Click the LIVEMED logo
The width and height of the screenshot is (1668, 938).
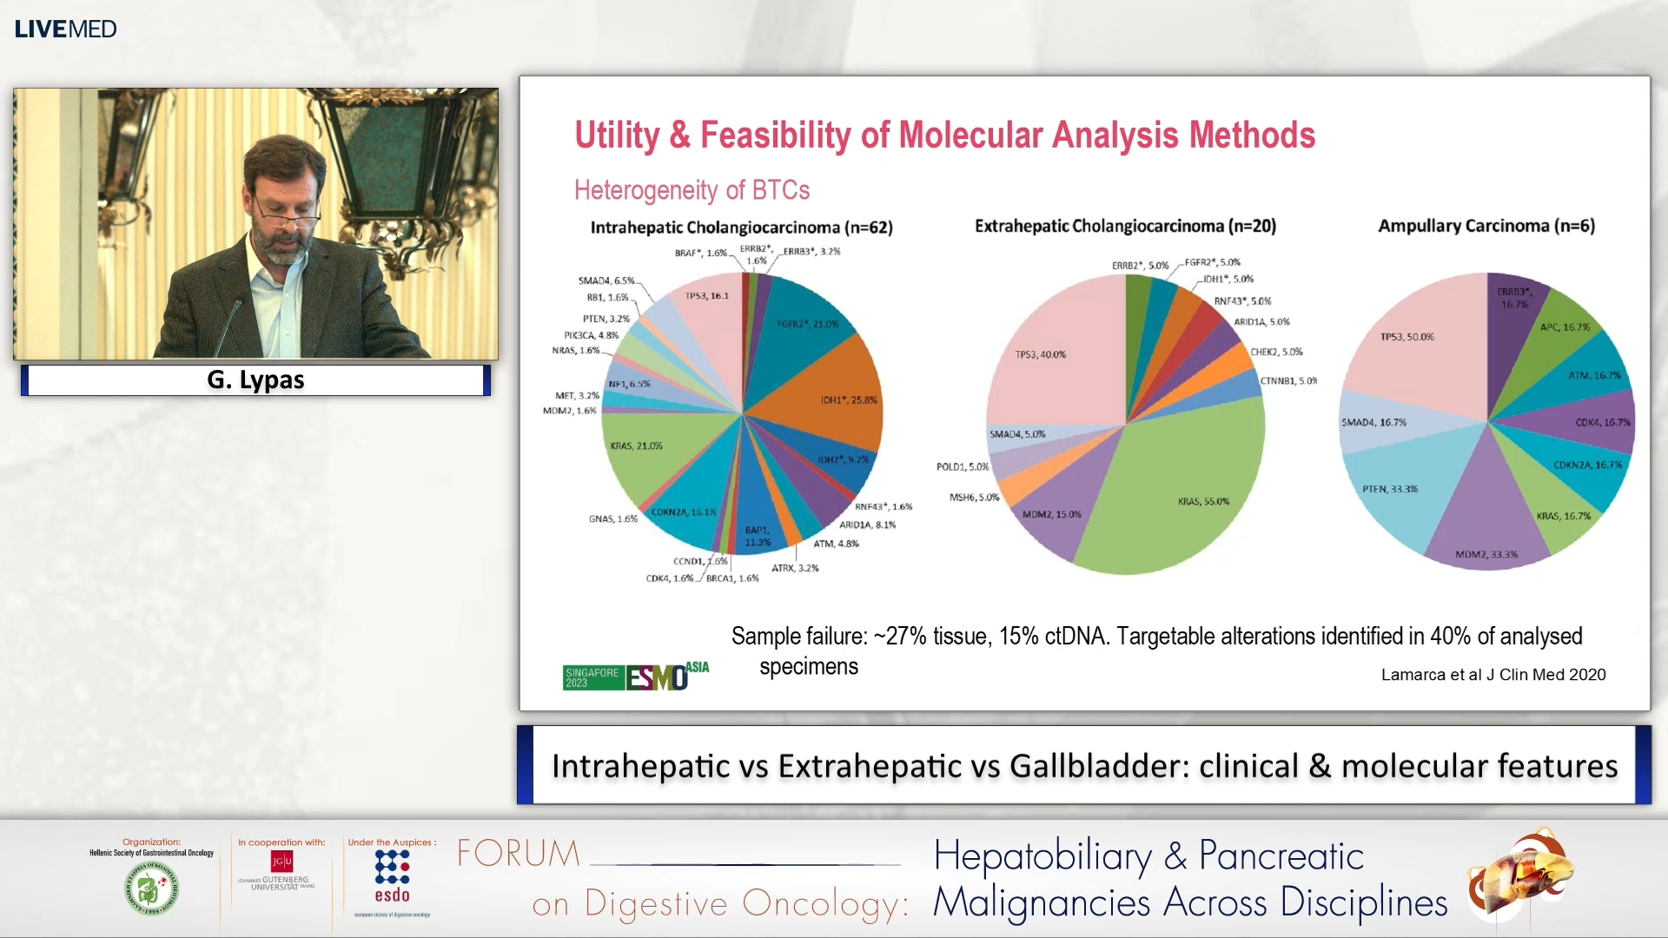point(65,29)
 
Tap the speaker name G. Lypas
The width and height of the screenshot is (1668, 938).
point(255,380)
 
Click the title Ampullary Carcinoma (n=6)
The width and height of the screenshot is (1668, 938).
point(1486,226)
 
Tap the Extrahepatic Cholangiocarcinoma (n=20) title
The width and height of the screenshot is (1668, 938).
point(1125,226)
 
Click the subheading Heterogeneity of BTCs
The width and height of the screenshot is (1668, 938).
point(692,190)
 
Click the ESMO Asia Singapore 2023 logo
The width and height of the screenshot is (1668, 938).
point(635,676)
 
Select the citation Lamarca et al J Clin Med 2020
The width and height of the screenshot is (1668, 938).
point(1493,675)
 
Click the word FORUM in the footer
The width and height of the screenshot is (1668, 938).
point(519,854)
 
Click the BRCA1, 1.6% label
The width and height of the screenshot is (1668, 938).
point(732,578)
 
